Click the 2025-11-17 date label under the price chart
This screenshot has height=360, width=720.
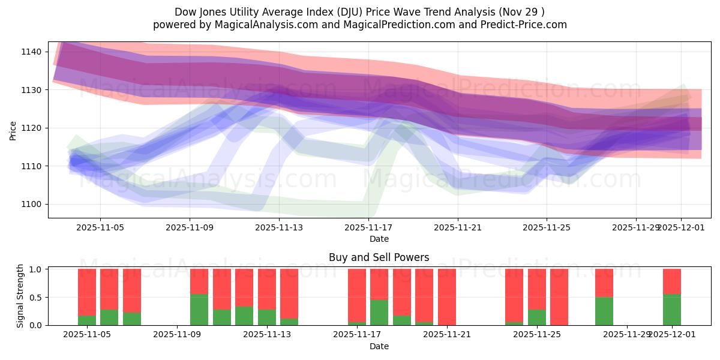[x=368, y=228]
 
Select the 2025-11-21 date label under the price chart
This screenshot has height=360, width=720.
[x=458, y=228]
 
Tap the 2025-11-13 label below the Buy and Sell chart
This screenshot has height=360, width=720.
[x=267, y=335]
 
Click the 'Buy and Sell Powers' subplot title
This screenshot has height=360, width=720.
[x=379, y=257]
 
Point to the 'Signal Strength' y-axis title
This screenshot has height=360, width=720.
[x=20, y=296]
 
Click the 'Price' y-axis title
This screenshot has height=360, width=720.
[x=13, y=130]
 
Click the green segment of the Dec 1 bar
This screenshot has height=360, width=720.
[x=672, y=310]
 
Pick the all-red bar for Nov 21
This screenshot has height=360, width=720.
[x=447, y=297]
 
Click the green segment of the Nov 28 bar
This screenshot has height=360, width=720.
[x=604, y=311]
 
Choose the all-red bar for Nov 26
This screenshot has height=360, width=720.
[x=559, y=297]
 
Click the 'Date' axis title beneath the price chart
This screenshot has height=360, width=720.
[x=379, y=239]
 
